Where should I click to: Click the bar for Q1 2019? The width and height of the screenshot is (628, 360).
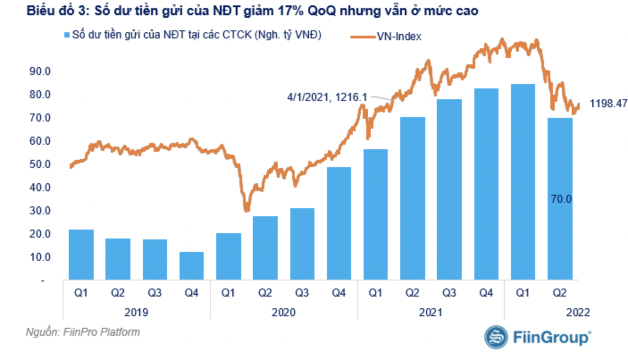[81, 255]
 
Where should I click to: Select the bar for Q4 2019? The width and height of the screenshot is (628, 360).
[191, 266]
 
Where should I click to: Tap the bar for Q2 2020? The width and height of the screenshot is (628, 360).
[265, 248]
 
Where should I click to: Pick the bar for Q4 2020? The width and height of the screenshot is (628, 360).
[339, 223]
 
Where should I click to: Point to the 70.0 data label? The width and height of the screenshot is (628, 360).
[561, 199]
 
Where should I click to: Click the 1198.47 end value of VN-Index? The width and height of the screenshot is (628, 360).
[608, 104]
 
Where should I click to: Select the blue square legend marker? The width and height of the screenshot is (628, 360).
[67, 35]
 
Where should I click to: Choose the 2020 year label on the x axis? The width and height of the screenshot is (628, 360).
[283, 312]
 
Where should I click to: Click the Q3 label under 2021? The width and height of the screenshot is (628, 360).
[449, 293]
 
